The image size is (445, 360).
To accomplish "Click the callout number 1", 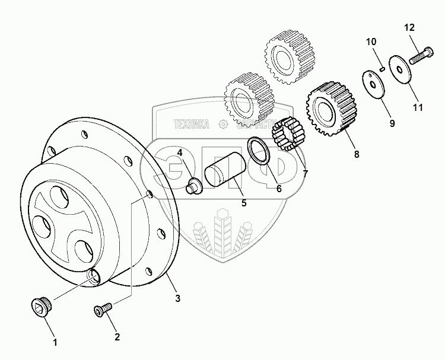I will [55, 342].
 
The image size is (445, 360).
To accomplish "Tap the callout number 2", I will [117, 337].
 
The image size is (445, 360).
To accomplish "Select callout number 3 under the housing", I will [177, 298].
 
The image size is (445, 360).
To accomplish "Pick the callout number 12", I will [411, 28].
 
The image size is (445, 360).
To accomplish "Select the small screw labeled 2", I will [101, 309].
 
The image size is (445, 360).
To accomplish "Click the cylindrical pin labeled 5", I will [223, 172].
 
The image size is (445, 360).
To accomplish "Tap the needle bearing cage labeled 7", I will [288, 135].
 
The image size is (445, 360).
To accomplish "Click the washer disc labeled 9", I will [374, 83].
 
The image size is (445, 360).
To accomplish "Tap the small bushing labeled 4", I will [195, 185].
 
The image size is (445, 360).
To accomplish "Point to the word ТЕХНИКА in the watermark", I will [192, 124].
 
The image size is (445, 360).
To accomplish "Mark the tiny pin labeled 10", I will [383, 69].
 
